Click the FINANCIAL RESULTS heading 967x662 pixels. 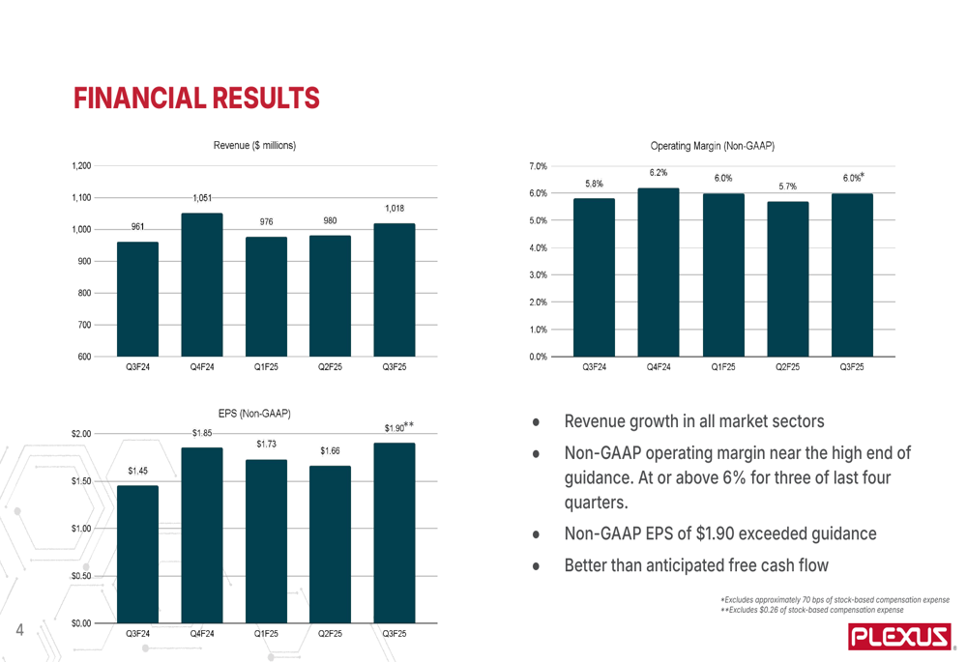coord(196,98)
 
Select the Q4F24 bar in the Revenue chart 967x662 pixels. coord(202,284)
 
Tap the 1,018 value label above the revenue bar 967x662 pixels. coord(394,209)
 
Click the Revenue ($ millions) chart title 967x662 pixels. coord(254,145)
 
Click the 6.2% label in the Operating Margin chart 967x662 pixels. coord(658,173)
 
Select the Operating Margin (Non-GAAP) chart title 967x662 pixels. coord(713,146)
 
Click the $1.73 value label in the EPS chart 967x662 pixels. coord(266,444)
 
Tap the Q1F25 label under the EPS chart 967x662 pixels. coord(266,635)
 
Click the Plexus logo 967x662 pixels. coord(897,638)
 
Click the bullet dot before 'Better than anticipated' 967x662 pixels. coord(535,566)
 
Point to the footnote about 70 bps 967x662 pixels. coord(835,601)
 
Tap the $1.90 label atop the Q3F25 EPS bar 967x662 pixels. coord(396,427)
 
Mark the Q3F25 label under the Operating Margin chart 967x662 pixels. coord(851,367)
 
